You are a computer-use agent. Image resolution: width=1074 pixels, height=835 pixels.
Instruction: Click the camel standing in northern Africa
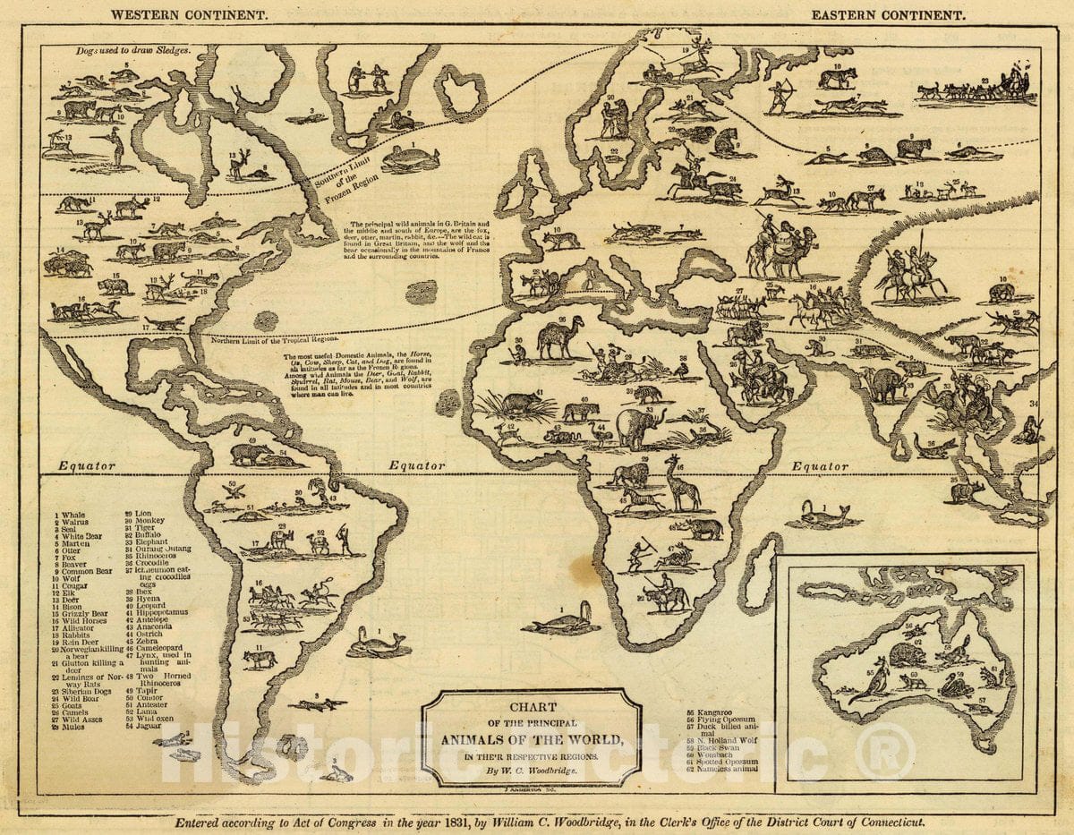click(562, 337)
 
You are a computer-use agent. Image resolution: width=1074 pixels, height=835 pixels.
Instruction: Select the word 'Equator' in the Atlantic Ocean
click(418, 466)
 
